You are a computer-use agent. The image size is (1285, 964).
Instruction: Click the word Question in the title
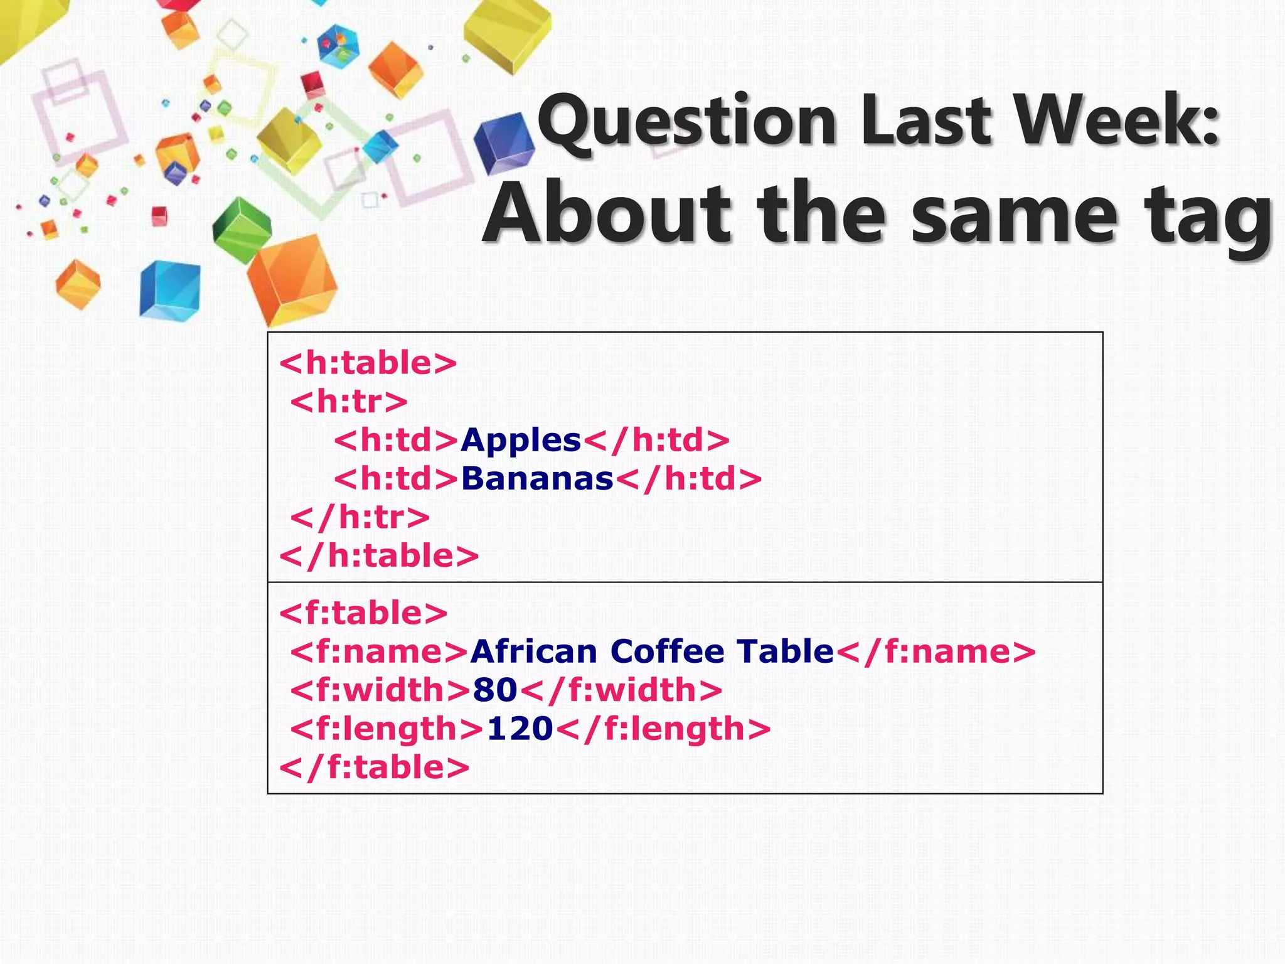click(687, 120)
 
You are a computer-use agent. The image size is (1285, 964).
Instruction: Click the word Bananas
click(537, 479)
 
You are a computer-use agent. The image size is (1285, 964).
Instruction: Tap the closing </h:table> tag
click(379, 556)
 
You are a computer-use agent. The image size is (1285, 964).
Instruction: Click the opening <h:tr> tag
click(349, 402)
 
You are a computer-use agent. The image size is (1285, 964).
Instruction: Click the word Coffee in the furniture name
click(667, 651)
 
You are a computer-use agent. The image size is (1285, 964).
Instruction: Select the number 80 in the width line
click(495, 690)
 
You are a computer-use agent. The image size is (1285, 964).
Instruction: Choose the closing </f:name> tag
click(936, 651)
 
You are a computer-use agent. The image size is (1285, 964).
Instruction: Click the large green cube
click(242, 230)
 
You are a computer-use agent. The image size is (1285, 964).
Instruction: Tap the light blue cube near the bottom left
click(169, 291)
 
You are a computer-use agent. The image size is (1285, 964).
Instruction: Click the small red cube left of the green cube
click(159, 215)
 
